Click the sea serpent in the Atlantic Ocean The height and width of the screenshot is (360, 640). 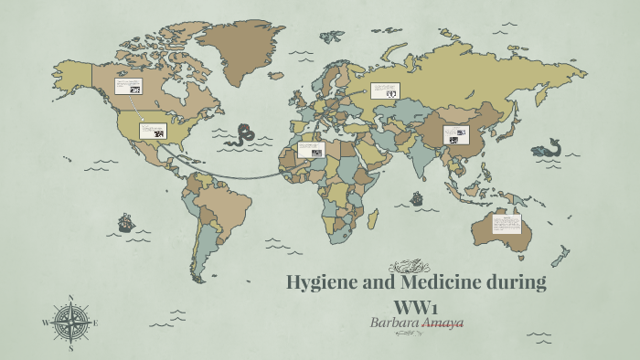tap(244, 135)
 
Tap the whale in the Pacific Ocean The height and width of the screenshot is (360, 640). tap(547, 148)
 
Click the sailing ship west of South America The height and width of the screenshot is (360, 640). tap(125, 222)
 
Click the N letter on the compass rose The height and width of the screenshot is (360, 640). tap(70, 298)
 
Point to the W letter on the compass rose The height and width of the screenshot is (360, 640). tap(45, 323)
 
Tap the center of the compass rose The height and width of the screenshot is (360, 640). tap(70, 323)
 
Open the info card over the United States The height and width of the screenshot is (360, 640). tap(153, 131)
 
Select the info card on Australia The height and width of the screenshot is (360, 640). tap(510, 225)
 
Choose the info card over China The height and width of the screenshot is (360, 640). tap(455, 134)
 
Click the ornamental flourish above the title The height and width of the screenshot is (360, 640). tap(409, 266)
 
